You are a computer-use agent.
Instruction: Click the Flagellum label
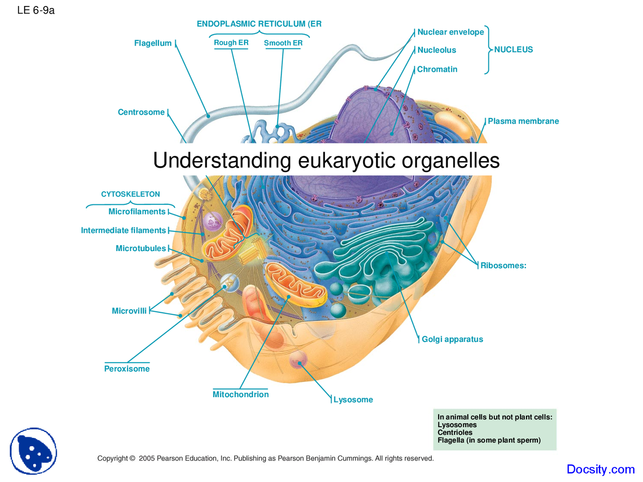(x=153, y=43)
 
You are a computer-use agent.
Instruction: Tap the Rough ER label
(x=231, y=43)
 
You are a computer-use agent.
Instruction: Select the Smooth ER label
(x=283, y=43)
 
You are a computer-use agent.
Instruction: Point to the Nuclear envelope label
(x=451, y=32)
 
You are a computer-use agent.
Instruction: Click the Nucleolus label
(x=437, y=50)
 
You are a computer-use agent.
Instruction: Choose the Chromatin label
(x=437, y=69)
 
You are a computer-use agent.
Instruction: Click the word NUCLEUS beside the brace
(x=513, y=50)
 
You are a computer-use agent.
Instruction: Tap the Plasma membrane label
(x=523, y=121)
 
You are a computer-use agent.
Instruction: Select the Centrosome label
(x=141, y=112)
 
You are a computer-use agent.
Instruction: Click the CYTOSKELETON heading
(x=131, y=194)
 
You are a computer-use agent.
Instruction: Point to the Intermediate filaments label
(x=124, y=230)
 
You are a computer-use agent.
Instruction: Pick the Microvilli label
(x=129, y=311)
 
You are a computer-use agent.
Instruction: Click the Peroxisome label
(x=127, y=369)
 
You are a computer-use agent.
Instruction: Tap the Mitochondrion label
(x=241, y=395)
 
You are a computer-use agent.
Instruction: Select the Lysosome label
(x=353, y=400)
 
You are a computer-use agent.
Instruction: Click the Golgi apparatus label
(x=452, y=339)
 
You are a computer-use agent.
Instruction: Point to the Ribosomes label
(x=503, y=266)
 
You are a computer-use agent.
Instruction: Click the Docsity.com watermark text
(x=600, y=469)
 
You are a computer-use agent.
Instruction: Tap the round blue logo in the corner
(x=33, y=451)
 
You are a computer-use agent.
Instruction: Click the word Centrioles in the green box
(x=455, y=432)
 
